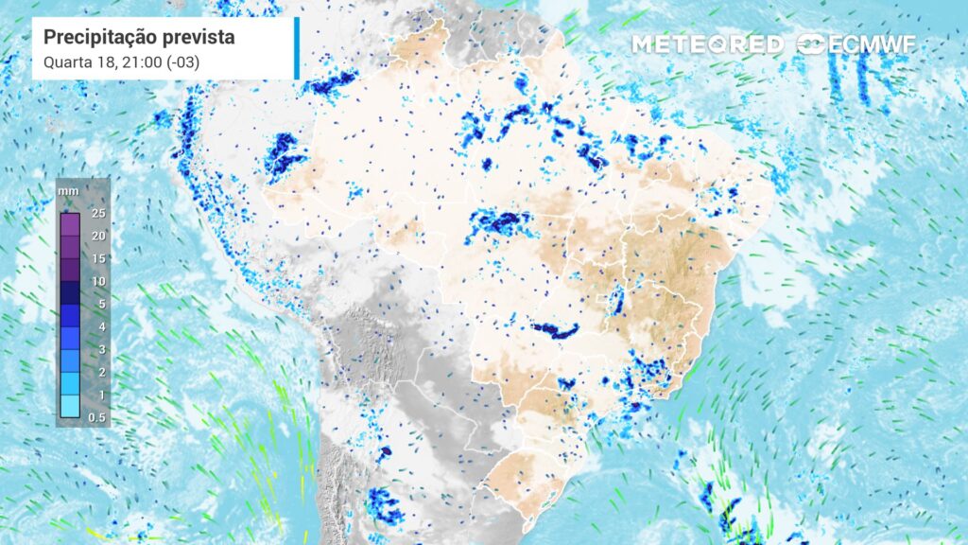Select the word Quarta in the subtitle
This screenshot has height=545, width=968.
(65, 63)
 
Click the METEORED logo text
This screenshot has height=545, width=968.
(707, 44)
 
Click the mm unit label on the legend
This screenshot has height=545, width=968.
(68, 190)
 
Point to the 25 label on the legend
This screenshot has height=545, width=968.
(98, 213)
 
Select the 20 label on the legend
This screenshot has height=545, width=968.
(98, 236)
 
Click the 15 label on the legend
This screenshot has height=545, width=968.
(98, 258)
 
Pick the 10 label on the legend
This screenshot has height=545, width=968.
(98, 281)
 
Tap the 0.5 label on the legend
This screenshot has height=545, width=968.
(97, 417)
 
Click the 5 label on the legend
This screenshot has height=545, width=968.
(101, 304)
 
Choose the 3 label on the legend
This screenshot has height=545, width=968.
(101, 349)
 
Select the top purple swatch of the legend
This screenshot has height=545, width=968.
(69, 224)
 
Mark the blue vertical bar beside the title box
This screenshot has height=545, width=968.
(297, 48)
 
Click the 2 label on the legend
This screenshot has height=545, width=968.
(101, 372)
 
